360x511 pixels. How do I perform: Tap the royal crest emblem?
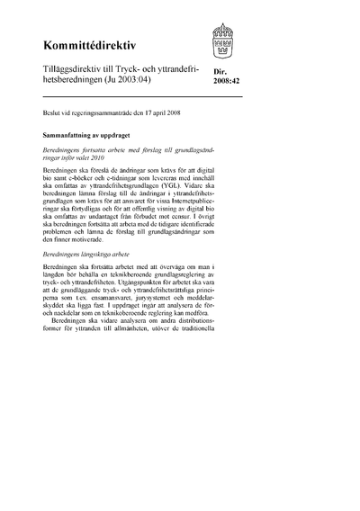224,41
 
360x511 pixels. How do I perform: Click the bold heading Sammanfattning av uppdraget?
85,131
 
